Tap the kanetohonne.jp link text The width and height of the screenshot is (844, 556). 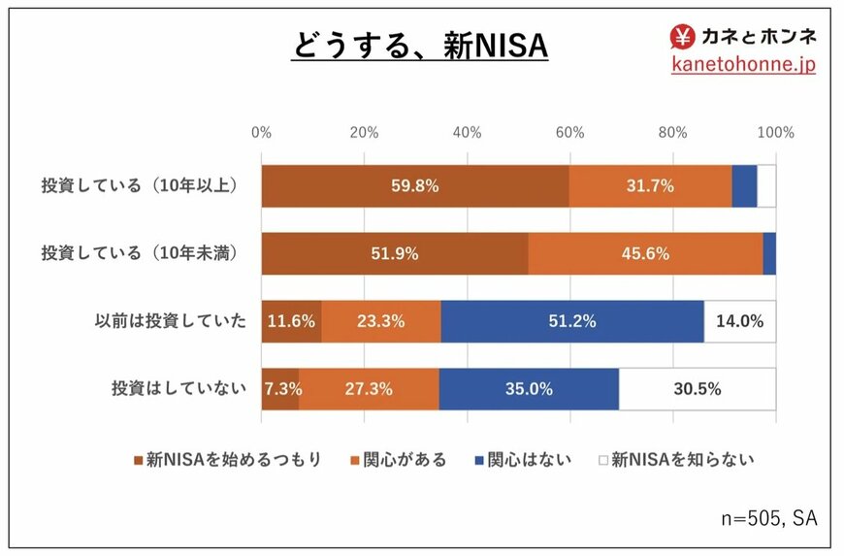(743, 64)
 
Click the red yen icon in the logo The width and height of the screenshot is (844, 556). (682, 36)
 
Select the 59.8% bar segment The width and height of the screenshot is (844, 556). (414, 186)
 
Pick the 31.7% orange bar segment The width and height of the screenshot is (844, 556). (650, 186)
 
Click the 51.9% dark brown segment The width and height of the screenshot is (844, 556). (394, 254)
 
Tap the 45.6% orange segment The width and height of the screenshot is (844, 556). (645, 254)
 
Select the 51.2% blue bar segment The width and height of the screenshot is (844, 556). (572, 321)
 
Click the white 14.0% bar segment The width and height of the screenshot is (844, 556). (739, 321)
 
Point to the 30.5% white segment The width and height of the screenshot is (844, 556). (697, 389)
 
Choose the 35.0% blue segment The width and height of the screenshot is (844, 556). (529, 389)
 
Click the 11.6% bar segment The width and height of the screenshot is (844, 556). (291, 321)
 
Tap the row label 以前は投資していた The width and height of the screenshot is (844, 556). (171, 321)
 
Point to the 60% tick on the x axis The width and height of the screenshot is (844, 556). (569, 133)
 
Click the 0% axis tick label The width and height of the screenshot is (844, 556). (261, 133)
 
